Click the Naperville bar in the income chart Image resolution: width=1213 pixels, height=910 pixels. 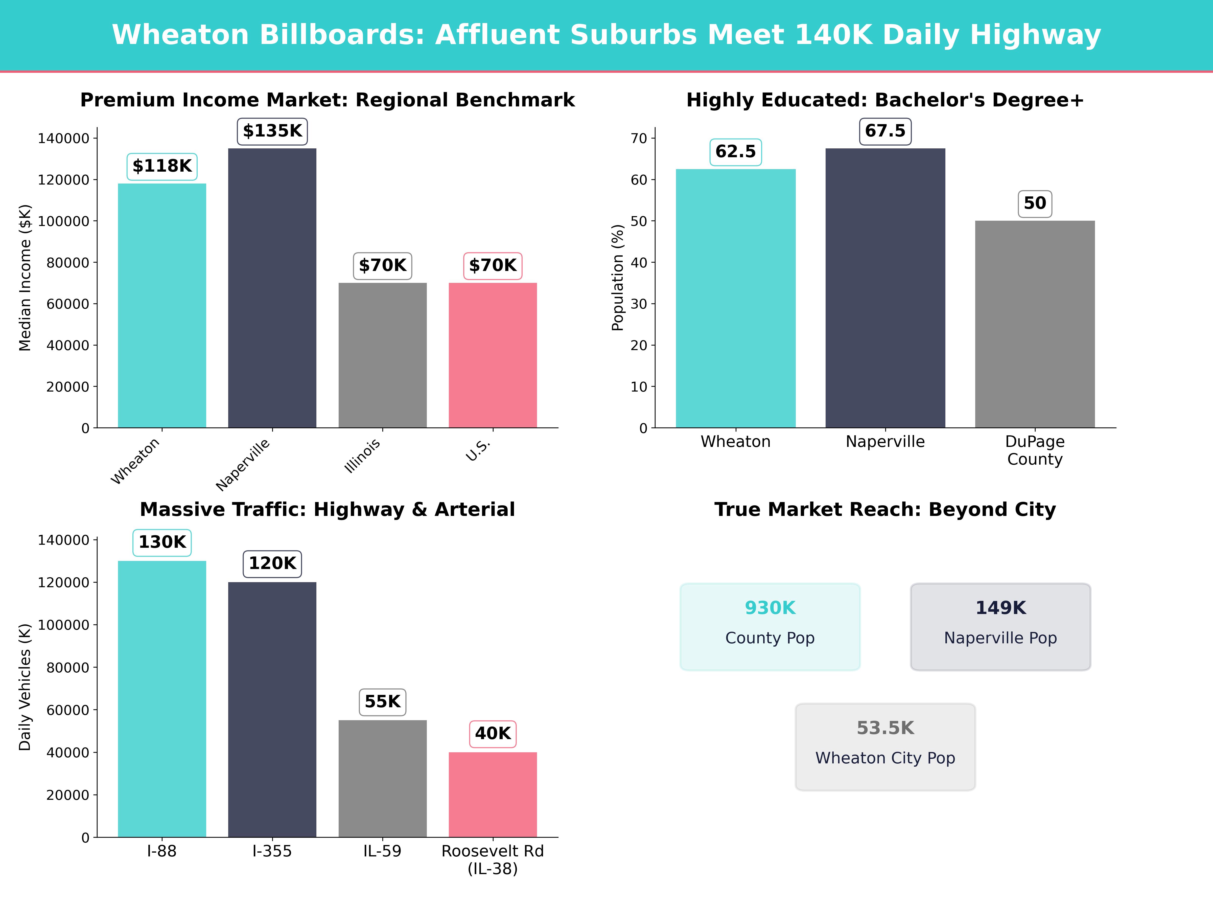272,288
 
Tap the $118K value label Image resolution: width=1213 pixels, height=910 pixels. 162,166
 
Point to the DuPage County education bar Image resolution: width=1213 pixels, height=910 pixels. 1035,324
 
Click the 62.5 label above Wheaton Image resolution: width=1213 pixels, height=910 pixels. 735,152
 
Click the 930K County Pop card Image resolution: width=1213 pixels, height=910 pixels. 770,626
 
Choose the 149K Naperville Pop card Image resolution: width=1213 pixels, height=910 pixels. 1000,626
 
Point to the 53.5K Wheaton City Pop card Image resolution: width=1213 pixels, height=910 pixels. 885,746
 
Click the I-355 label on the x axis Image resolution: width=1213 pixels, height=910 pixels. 272,851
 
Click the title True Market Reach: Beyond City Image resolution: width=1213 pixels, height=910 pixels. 885,510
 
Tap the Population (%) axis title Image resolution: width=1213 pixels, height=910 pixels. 618,278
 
